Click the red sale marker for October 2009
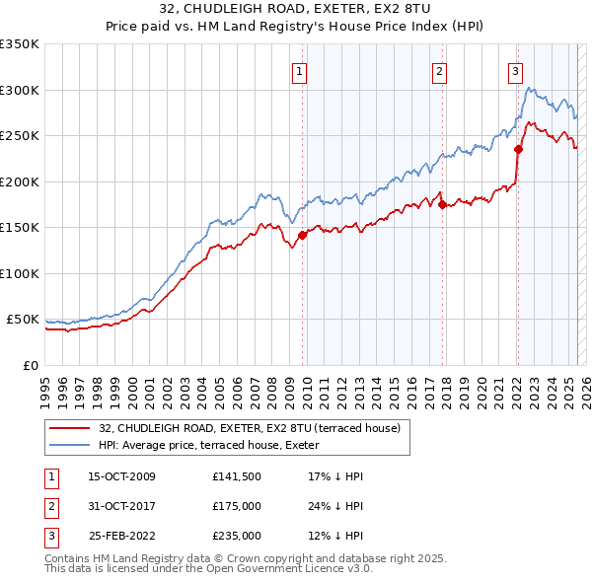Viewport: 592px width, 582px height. click(302, 235)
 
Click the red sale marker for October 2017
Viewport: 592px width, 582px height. click(442, 204)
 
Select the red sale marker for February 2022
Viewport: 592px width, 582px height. click(518, 150)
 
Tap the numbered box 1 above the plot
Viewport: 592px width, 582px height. click(298, 70)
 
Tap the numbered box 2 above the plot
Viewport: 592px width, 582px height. click(438, 70)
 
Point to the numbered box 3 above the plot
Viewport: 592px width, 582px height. click(515, 70)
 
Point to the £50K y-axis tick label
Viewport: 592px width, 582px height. click(23, 320)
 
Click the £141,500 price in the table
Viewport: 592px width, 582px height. click(236, 476)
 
